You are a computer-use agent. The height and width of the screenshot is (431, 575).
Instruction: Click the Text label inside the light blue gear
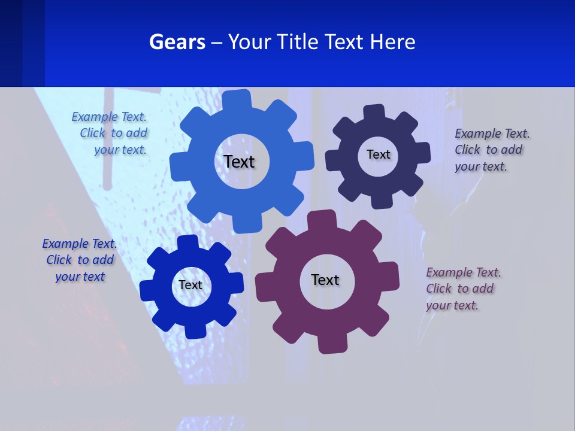(239, 162)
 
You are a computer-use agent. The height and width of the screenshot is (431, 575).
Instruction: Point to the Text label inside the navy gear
(378, 154)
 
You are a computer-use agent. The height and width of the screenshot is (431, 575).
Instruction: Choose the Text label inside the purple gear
(325, 280)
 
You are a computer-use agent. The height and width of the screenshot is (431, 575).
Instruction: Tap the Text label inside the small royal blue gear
(190, 285)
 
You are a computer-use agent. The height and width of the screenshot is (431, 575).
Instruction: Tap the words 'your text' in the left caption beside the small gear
(80, 277)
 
